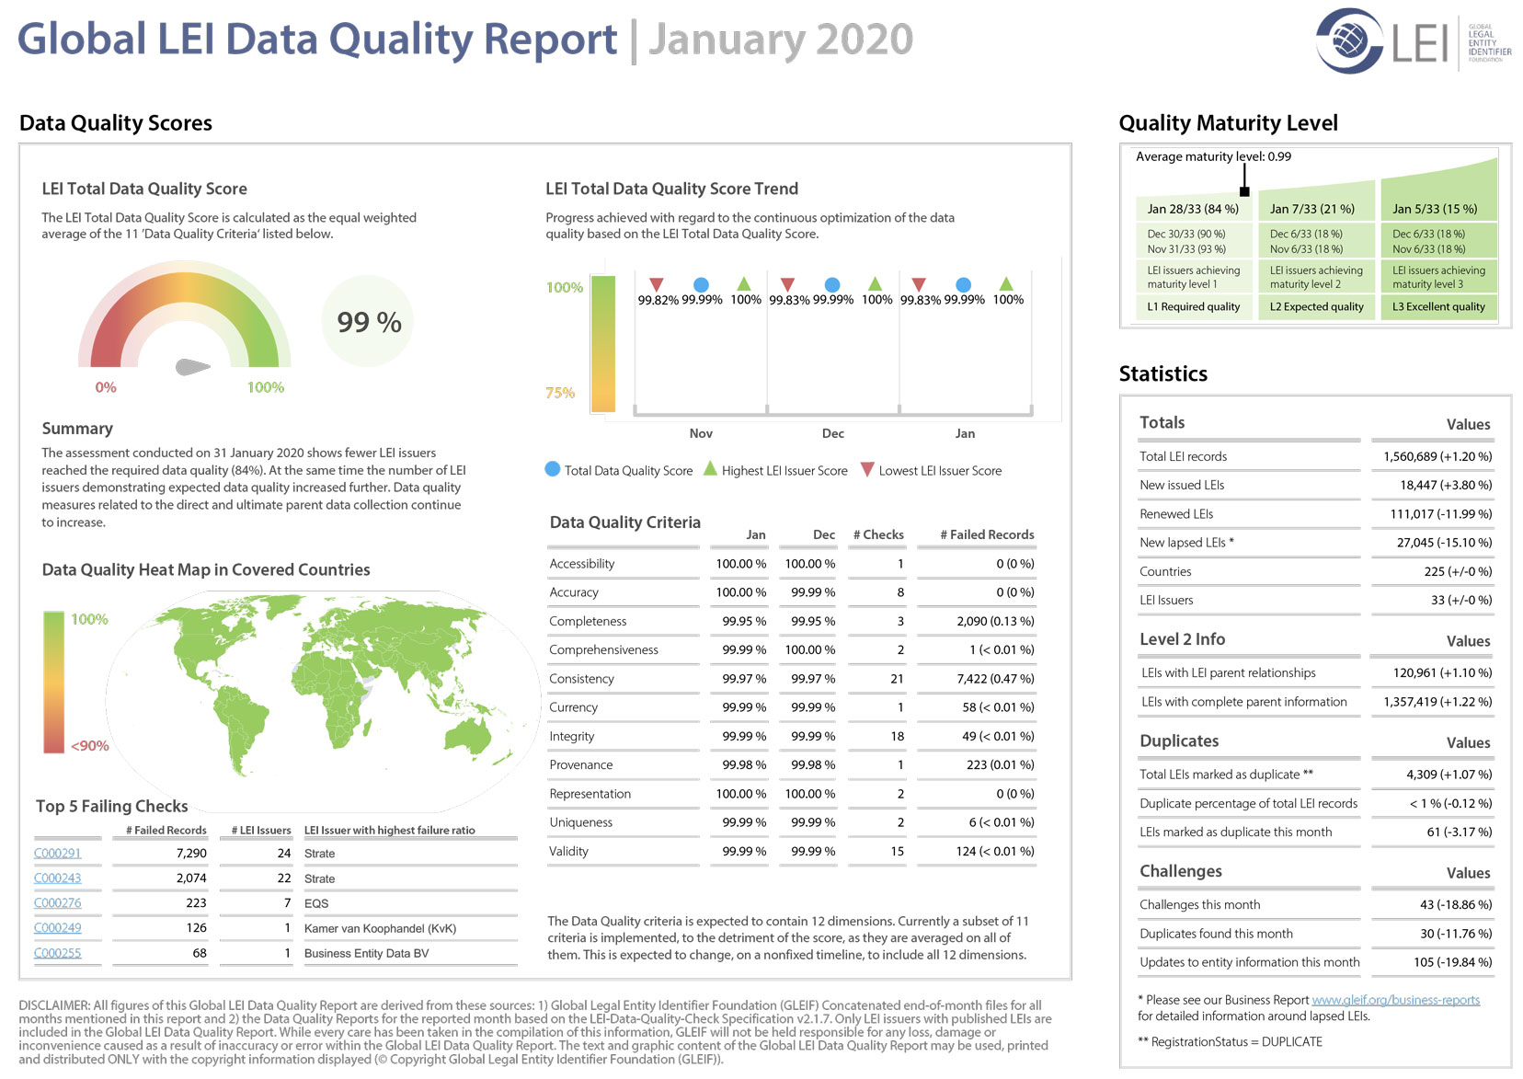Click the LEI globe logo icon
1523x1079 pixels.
1349,40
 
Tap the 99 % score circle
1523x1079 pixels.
368,322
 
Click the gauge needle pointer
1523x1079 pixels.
192,367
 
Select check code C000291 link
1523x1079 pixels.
58,853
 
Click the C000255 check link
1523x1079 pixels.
58,953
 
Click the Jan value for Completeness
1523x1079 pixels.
744,621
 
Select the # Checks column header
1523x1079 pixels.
878,534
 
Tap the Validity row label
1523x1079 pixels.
569,851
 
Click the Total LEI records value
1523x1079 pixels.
1437,456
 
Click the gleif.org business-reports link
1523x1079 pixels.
1395,1000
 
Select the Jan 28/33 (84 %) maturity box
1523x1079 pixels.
1193,209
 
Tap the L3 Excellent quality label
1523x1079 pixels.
1438,306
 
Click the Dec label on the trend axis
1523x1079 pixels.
833,433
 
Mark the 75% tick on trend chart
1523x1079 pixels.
560,392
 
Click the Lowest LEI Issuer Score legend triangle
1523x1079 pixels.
867,469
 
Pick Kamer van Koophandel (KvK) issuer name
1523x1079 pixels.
380,928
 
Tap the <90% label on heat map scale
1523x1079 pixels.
90,745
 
